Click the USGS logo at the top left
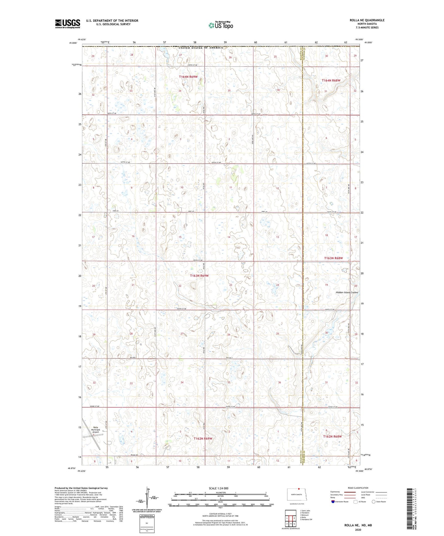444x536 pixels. (x=67, y=24)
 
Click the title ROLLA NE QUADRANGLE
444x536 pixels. (x=367, y=20)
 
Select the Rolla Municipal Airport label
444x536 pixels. (x=96, y=429)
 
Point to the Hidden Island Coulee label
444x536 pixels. (x=346, y=293)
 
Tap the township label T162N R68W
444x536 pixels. (x=332, y=436)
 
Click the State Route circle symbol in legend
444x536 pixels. (x=373, y=502)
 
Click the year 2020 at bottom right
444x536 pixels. (x=358, y=530)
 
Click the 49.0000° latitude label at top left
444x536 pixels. (x=73, y=43)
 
